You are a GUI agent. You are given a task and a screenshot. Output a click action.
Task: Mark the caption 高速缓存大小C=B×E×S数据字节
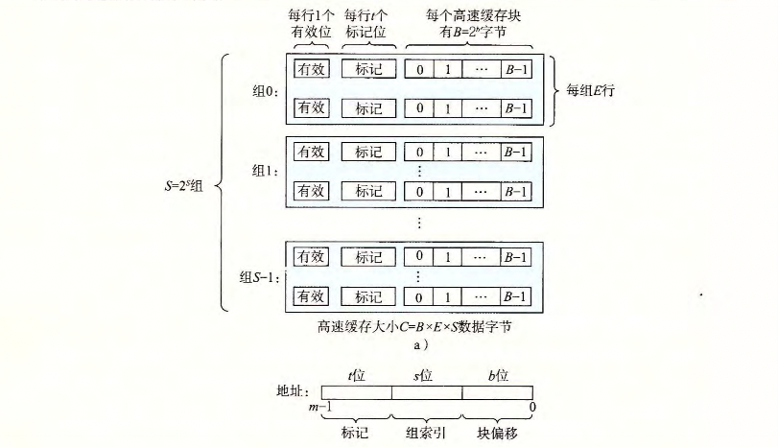[x=415, y=326]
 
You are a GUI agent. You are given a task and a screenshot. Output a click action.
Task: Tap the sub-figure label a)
[x=414, y=345]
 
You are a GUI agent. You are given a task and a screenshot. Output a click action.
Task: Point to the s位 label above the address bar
[x=425, y=375]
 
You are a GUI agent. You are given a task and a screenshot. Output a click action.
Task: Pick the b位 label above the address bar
[x=496, y=375]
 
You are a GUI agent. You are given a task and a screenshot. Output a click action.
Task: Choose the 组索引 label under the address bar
[x=426, y=432]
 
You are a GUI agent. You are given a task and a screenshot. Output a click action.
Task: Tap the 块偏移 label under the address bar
[x=497, y=432]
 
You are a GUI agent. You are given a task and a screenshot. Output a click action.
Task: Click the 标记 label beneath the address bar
[x=356, y=432]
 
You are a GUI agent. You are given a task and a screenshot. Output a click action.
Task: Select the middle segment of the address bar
[x=427, y=391]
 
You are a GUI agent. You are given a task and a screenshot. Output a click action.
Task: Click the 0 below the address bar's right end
[x=532, y=408]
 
